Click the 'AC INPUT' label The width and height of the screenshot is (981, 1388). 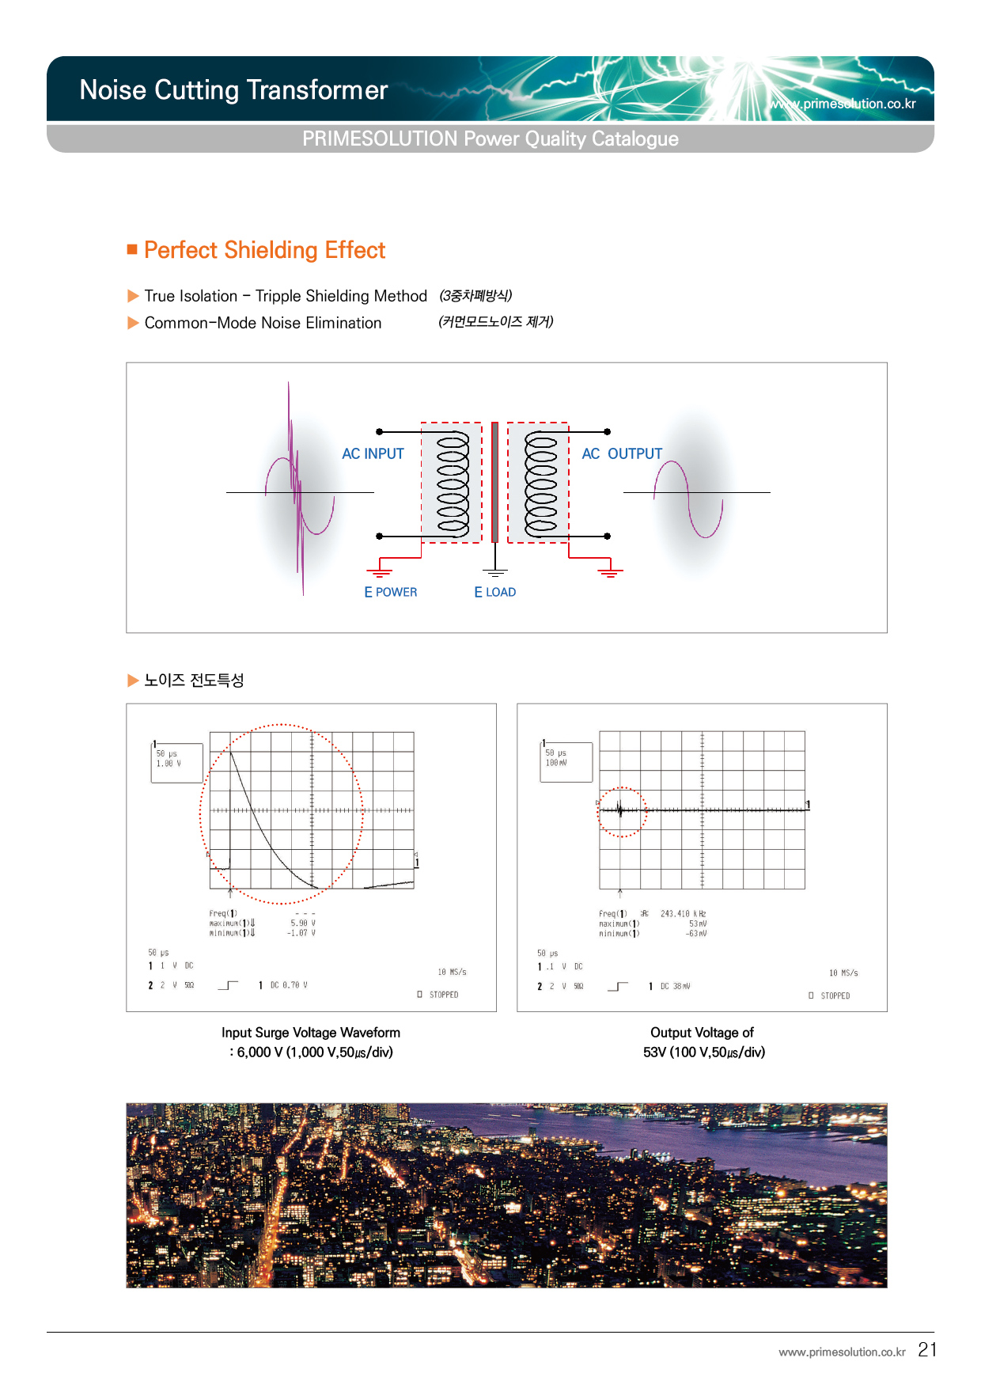pos(373,453)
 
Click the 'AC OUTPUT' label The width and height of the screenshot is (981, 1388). pos(622,453)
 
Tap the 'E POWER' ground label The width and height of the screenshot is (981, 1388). pos(390,592)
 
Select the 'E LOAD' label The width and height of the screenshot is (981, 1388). pos(494,592)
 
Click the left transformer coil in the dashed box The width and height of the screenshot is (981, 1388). pos(453,483)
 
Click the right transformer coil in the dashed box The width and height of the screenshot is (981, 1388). pos(541,483)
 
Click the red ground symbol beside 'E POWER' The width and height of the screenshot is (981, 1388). pos(380,571)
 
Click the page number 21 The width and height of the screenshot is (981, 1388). pos(927,1349)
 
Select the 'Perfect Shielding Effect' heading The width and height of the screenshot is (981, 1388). pos(264,250)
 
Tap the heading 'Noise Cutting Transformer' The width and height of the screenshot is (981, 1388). pos(233,90)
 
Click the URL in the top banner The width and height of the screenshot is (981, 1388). pos(843,104)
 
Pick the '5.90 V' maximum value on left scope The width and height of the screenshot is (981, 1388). pos(302,923)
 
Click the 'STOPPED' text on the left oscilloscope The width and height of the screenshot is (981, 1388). pos(443,995)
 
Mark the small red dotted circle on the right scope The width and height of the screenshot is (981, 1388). pos(622,812)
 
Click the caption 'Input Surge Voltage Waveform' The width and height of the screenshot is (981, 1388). pos(310,1033)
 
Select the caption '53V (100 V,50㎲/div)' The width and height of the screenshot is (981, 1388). pos(703,1052)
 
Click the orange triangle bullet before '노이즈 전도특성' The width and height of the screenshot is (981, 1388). pos(133,681)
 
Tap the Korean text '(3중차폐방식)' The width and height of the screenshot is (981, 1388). pos(475,295)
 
